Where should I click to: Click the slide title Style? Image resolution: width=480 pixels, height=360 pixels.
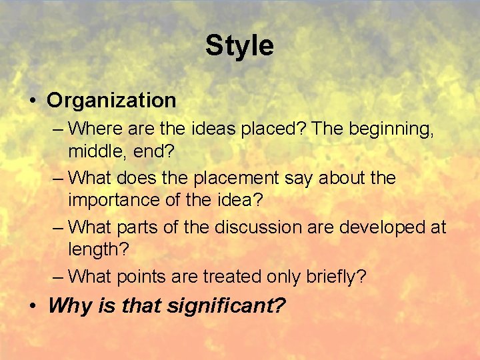click(x=239, y=46)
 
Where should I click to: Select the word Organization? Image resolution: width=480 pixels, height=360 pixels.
click(x=111, y=101)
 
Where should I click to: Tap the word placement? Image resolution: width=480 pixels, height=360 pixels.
click(x=236, y=179)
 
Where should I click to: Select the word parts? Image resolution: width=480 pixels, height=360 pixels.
click(x=141, y=227)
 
